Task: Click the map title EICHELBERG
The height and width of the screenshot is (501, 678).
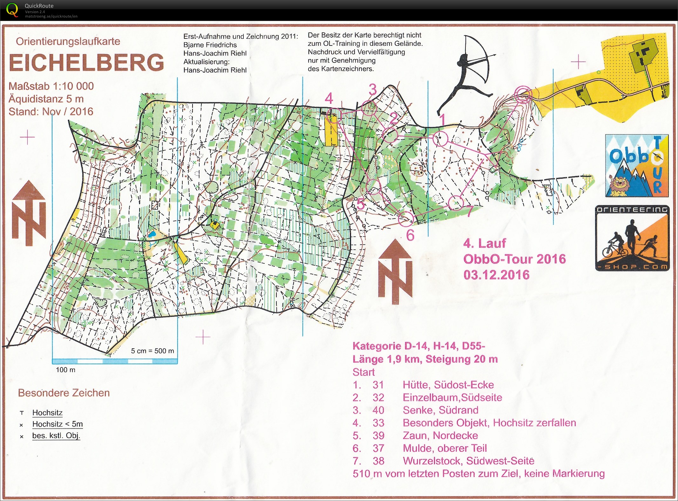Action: click(x=86, y=63)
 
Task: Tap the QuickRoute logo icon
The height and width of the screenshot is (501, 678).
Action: click(x=12, y=10)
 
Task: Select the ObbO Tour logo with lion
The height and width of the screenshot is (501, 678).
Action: click(x=636, y=166)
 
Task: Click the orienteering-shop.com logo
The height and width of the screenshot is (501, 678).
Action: click(x=632, y=238)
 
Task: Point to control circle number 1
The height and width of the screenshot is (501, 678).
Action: click(x=440, y=138)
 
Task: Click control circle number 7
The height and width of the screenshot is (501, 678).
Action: click(x=456, y=203)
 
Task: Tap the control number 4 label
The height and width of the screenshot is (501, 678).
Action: click(x=329, y=98)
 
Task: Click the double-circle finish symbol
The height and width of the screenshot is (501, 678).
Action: click(x=523, y=94)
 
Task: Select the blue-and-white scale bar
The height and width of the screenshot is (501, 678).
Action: click(x=115, y=361)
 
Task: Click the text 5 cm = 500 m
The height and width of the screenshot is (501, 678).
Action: click(x=153, y=351)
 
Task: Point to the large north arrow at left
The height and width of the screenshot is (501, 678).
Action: click(x=29, y=213)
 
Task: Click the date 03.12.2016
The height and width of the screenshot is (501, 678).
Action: click(x=496, y=275)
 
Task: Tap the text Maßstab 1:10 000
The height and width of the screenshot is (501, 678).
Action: click(x=51, y=86)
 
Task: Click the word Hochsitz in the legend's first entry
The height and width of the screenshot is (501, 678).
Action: click(x=47, y=413)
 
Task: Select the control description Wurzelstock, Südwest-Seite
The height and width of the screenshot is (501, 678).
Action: click(x=468, y=461)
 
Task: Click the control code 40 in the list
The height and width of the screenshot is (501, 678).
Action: click(x=378, y=410)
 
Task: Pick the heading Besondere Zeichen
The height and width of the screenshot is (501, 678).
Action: click(x=64, y=393)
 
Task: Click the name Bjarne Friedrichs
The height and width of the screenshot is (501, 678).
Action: click(x=210, y=45)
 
